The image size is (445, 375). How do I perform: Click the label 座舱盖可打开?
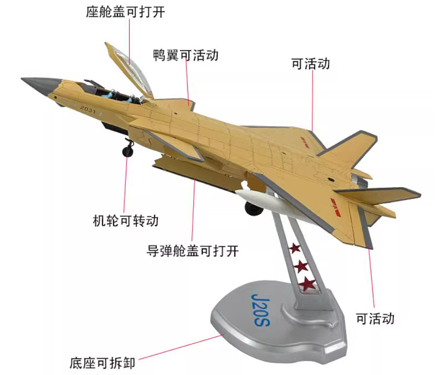tap(125, 12)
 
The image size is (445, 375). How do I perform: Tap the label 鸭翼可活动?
tap(186, 55)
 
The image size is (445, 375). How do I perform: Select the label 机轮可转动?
tap(126, 221)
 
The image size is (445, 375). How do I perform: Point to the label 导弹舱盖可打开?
tap(193, 251)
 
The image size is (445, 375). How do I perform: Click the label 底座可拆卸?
tap(102, 363)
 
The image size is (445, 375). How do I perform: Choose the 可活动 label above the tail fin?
tap(311, 63)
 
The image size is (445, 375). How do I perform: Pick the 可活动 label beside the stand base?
tap(375, 319)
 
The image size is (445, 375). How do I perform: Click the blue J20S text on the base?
tap(261, 310)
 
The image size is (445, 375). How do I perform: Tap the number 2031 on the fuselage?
tap(88, 109)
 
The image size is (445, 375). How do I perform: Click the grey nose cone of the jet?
tap(41, 85)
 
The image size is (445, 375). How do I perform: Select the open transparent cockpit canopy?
tap(129, 70)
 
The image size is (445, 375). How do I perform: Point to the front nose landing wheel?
tap(128, 151)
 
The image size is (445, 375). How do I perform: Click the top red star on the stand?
tap(295, 249)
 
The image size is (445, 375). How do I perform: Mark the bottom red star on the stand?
tap(308, 283)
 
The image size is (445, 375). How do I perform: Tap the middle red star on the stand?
tap(301, 266)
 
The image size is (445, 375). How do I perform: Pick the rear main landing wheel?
tap(253, 209)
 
